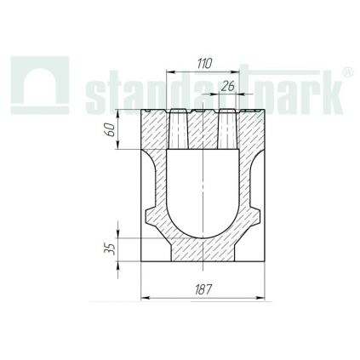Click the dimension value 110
pyautogui.click(x=203, y=64)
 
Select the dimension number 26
pyautogui.click(x=227, y=87)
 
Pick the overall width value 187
pyautogui.click(x=203, y=289)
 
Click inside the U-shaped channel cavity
pyautogui.click(x=203, y=191)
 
